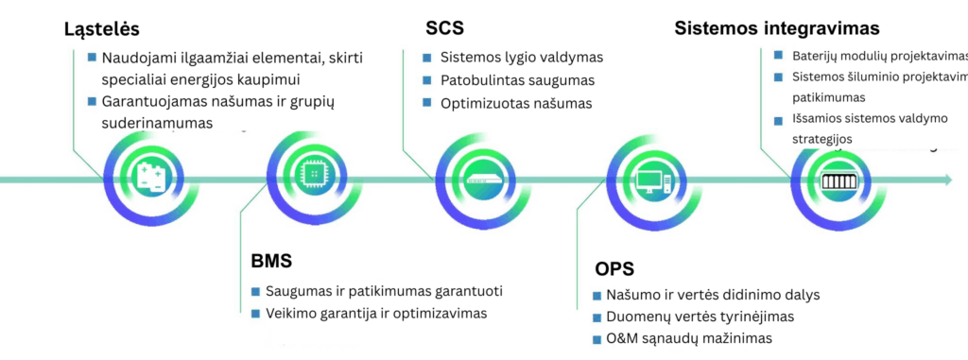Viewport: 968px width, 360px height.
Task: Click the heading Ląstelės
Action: (x=102, y=29)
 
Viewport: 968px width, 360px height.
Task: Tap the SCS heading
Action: (x=445, y=29)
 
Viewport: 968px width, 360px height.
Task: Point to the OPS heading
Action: (x=615, y=267)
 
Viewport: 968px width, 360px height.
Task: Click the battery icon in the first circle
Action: (x=151, y=178)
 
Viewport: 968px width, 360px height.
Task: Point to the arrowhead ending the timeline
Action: (x=946, y=180)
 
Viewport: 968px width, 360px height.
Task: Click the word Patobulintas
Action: (x=483, y=80)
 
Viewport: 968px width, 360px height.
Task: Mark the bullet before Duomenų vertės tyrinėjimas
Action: (x=596, y=317)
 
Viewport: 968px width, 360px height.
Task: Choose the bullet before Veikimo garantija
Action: (x=255, y=313)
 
